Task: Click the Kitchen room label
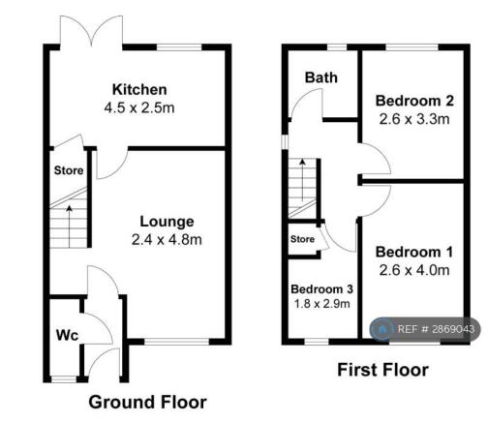coord(139,89)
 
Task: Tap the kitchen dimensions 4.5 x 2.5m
coord(139,107)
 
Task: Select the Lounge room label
coord(167,222)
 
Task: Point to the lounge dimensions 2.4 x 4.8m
coord(167,240)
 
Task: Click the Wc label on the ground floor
coord(67,335)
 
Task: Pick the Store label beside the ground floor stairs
coord(69,170)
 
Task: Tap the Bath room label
coord(321,77)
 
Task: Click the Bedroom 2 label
coord(414,101)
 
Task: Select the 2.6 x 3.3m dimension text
coord(414,119)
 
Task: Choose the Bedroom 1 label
coord(414,252)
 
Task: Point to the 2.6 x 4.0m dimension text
coord(414,270)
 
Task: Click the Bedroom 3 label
coord(321,289)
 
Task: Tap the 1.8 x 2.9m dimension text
coord(321,304)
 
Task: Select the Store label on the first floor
coord(302,239)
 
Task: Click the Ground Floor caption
coord(148,403)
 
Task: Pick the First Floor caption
coord(383,370)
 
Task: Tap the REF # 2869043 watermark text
coord(436,329)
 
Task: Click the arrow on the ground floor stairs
coord(69,227)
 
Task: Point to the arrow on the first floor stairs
coord(302,180)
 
